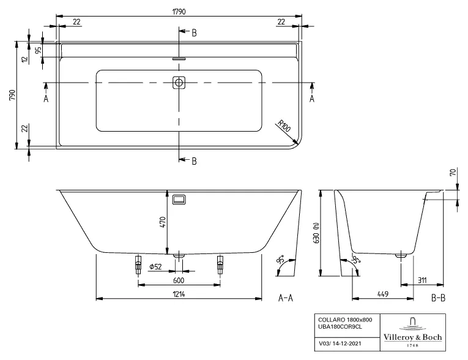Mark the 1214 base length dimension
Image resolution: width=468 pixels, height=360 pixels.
pos(179,294)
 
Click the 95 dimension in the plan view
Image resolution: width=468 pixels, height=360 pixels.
pos(38,51)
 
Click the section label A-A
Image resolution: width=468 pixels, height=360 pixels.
pos(288,298)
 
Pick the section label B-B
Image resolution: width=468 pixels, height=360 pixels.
pos(438,298)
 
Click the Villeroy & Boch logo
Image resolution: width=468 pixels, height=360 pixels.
pos(413,332)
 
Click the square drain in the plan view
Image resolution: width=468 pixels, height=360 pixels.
pos(179,82)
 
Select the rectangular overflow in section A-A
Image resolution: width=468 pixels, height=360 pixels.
pos(179,200)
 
